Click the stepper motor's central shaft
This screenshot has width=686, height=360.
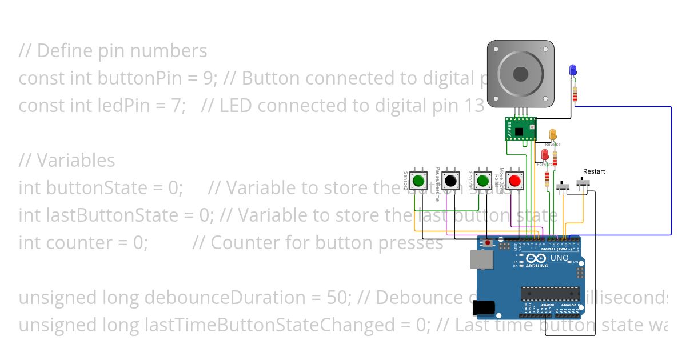point(520,74)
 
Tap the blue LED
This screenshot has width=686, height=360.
point(572,70)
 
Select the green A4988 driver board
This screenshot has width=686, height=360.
point(519,129)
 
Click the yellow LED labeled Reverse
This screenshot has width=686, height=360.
point(553,135)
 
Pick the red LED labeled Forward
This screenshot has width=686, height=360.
point(545,154)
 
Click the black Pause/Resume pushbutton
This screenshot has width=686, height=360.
point(450,181)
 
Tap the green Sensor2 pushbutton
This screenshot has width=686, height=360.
point(418,181)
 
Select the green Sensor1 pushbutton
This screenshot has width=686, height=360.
point(482,181)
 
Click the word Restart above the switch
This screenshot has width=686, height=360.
point(593,171)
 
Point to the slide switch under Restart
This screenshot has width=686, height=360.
point(584,183)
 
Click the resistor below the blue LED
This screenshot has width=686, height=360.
point(574,94)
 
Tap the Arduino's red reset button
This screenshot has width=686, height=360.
point(487,243)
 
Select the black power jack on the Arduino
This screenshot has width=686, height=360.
point(482,308)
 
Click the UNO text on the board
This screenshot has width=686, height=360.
point(559,258)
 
